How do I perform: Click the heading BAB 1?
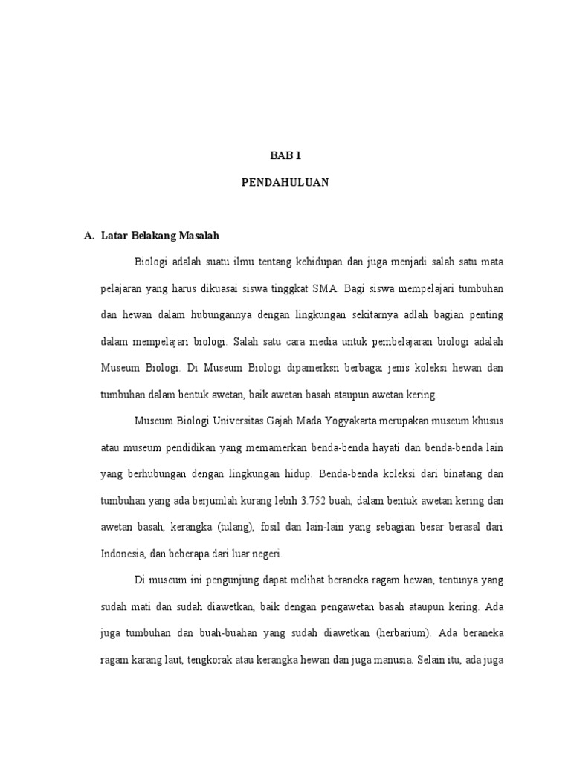point(285,155)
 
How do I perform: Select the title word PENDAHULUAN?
point(285,182)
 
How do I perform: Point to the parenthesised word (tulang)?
point(236,527)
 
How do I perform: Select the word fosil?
point(276,527)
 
